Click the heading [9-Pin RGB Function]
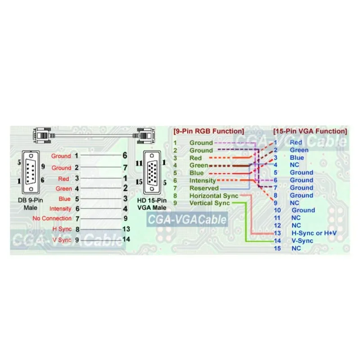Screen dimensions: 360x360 click(208, 131)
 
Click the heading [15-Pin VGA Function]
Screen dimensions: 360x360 click(310, 131)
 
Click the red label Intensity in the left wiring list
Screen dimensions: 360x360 click(60, 208)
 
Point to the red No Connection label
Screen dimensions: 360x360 click(52, 219)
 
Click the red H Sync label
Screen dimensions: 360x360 click(62, 229)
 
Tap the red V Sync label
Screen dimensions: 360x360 click(62, 240)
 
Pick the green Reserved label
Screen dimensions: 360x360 click(204, 188)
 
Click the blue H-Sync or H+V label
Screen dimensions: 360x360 click(314, 233)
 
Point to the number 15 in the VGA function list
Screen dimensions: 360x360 click(277, 248)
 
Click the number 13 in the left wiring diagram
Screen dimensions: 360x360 click(126, 229)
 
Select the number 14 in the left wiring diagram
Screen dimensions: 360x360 click(126, 239)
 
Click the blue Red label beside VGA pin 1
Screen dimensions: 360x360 click(296, 143)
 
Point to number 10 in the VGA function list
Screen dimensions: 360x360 click(277, 210)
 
